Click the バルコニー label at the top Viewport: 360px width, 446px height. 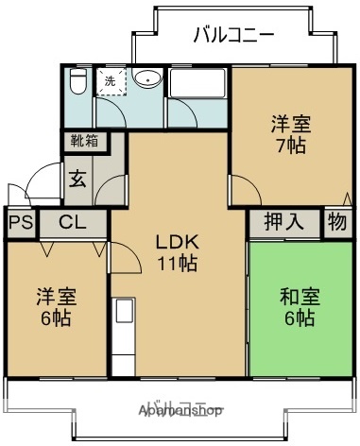233,35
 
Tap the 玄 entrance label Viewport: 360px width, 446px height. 77,179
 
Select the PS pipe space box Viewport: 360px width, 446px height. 17,224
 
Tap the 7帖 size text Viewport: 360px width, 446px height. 291,146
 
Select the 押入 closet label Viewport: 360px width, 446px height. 283,223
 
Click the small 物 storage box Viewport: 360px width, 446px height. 336,223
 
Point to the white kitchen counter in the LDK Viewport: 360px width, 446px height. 123,336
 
